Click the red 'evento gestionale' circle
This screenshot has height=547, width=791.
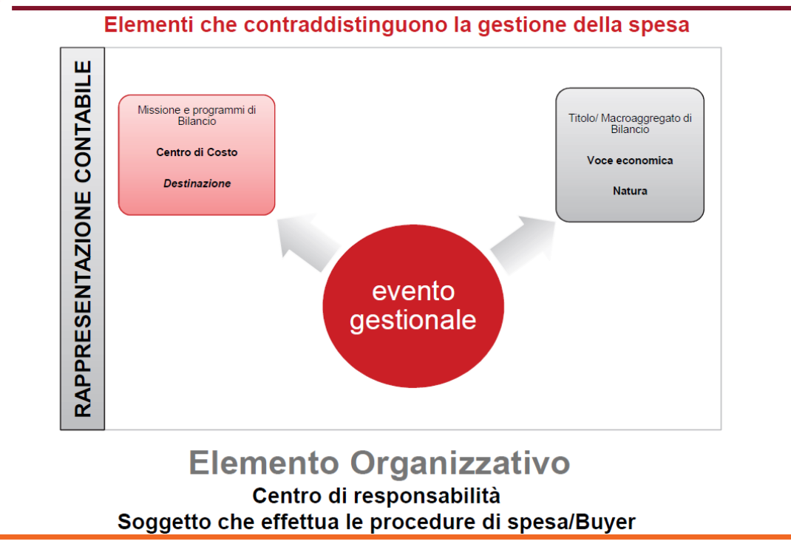pyautogui.click(x=413, y=306)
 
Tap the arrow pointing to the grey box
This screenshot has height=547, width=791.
pyautogui.click(x=523, y=245)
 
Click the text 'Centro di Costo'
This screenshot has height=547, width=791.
pyautogui.click(x=197, y=152)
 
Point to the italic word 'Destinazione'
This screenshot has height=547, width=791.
pyautogui.click(x=197, y=183)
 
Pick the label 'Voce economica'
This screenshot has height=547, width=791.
pyautogui.click(x=630, y=160)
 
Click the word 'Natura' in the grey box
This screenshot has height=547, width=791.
pyautogui.click(x=630, y=191)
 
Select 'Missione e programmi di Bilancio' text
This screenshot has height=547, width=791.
pyautogui.click(x=197, y=115)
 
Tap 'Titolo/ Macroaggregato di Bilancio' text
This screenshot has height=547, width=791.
pyautogui.click(x=630, y=123)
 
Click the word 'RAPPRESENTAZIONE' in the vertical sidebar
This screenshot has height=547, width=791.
pyautogui.click(x=83, y=305)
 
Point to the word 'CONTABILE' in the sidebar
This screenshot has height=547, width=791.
pyautogui.click(x=83, y=122)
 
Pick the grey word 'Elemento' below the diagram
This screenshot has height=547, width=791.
pyautogui.click(x=264, y=463)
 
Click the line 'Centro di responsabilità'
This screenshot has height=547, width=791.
pyautogui.click(x=376, y=495)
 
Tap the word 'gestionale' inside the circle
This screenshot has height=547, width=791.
pyautogui.click(x=413, y=321)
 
